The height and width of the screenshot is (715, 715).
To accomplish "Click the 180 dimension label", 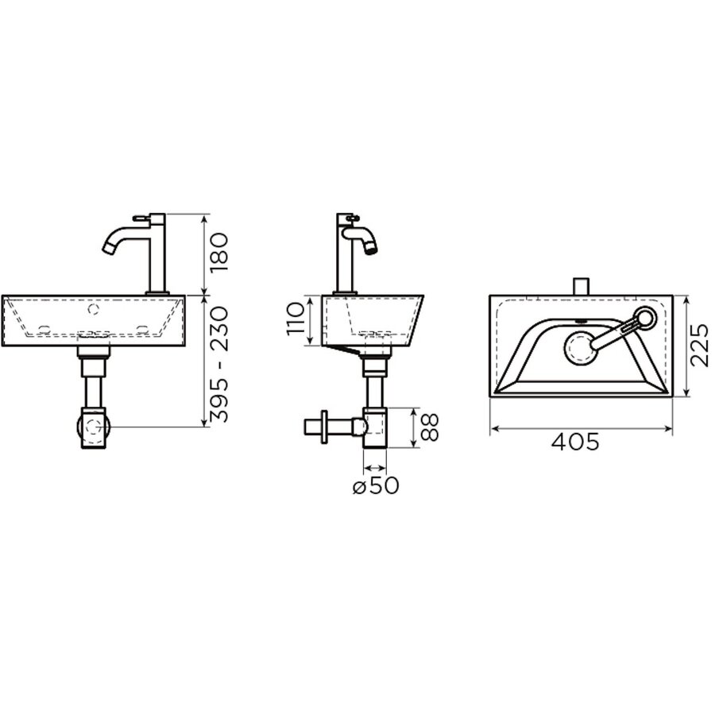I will (219, 252).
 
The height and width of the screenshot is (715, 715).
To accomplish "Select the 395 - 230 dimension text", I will (219, 363).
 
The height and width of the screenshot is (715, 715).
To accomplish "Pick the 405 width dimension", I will (575, 443).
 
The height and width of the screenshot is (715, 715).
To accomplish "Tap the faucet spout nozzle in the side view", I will (370, 248).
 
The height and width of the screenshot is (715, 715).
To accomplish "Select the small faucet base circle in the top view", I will (644, 319).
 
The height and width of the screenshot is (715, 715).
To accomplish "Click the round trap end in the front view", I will (93, 426).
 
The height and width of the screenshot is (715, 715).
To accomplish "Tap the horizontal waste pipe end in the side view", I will (310, 427).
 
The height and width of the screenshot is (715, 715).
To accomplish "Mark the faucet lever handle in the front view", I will (141, 217).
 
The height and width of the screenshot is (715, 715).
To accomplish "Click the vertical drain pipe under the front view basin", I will (93, 389).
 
